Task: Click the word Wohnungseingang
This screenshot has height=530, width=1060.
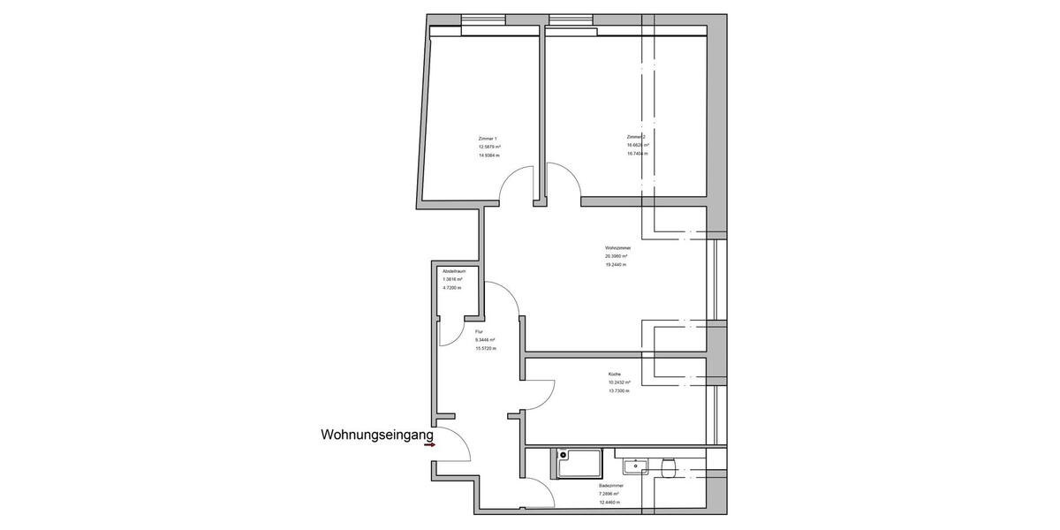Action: [377, 435]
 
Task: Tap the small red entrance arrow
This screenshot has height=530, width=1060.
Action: [429, 445]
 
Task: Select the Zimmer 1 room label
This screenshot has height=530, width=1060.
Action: [488, 139]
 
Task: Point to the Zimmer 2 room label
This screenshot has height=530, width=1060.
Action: [636, 137]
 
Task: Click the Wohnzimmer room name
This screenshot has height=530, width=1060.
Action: [617, 248]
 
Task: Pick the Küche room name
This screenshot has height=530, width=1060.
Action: [615, 375]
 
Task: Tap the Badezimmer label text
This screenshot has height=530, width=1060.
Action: [611, 486]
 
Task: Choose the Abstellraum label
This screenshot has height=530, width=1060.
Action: [454, 271]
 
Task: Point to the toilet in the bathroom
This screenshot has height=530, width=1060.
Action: [669, 467]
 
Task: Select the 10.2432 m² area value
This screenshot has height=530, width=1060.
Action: [618, 382]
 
